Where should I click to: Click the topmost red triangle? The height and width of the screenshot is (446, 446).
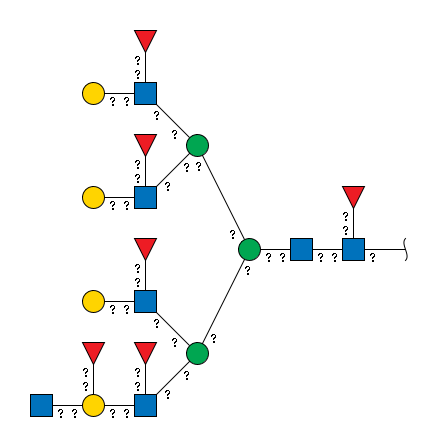point(145,39)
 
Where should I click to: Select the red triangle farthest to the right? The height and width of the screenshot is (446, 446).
point(353,196)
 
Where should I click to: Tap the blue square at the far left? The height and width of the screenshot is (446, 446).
point(41,405)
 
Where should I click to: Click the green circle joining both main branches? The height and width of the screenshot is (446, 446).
point(249,249)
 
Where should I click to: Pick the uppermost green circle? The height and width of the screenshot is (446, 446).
point(197,145)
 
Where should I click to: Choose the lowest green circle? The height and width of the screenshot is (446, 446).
point(197,353)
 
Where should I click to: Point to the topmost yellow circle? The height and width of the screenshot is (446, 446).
point(93,93)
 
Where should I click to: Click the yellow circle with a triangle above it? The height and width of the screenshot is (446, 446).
point(93,405)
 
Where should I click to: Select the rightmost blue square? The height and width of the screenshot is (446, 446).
point(353,249)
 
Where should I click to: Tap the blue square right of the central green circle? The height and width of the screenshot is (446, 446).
point(301,249)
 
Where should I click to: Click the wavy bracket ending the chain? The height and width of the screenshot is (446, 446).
point(405,249)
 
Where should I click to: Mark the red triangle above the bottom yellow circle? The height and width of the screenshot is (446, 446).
point(93,351)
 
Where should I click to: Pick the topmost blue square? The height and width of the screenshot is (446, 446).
point(145,93)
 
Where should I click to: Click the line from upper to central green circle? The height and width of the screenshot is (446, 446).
point(223,197)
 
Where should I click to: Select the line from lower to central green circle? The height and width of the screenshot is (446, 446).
point(223,301)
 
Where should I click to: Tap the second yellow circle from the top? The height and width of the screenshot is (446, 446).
point(93,197)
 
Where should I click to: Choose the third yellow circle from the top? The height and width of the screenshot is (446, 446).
point(93,301)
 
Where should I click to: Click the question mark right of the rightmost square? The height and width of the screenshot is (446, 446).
point(372,257)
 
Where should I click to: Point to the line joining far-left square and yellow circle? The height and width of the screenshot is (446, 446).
point(67,405)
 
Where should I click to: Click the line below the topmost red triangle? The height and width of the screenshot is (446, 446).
point(145,67)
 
